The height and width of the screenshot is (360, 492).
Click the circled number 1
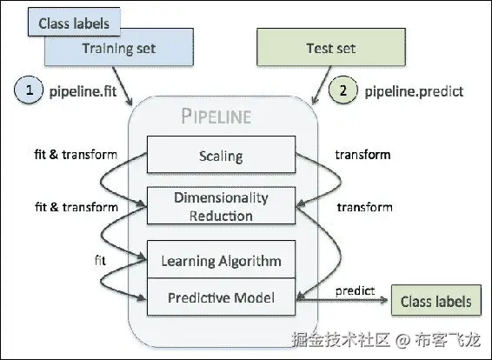tap(30, 90)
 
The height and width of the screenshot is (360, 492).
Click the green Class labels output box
tap(435, 301)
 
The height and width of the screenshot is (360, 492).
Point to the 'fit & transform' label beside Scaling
tap(76, 156)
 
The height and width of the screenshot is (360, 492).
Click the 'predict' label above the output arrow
tap(354, 288)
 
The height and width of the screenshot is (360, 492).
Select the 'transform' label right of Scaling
tap(363, 156)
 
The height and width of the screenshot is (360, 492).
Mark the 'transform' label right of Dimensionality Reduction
tap(364, 207)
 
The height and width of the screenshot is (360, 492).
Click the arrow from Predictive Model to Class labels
tap(343, 301)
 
